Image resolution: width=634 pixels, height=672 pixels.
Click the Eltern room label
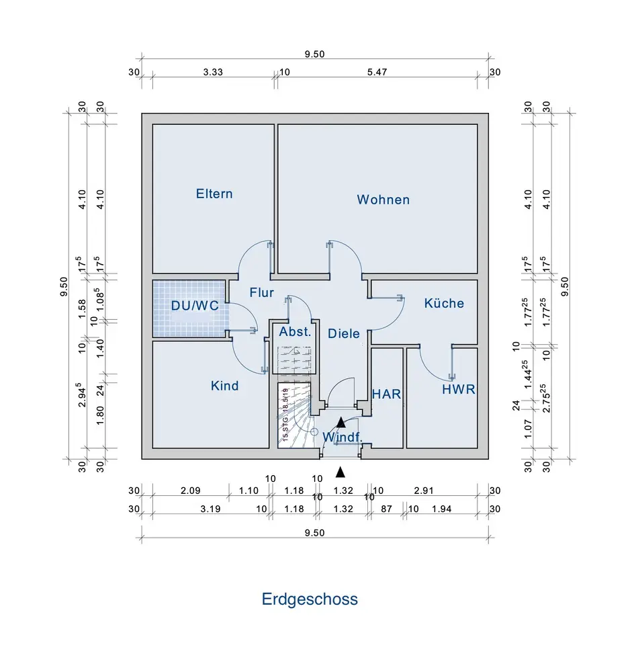(214, 194)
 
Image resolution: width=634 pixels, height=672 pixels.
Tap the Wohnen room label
(383, 200)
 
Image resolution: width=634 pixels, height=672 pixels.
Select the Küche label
(444, 303)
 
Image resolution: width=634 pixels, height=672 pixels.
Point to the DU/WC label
(195, 305)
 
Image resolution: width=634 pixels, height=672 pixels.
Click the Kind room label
(224, 386)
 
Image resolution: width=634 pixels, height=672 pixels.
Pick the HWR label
(458, 389)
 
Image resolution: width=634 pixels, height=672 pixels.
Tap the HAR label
(386, 394)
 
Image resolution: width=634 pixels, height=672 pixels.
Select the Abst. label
(295, 331)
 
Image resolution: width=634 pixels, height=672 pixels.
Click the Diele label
(344, 333)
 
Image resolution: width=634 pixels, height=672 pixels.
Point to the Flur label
(261, 292)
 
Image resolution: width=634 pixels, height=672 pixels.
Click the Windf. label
(343, 437)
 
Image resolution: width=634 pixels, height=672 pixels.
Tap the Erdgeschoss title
(310, 599)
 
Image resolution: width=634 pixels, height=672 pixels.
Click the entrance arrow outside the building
(341, 472)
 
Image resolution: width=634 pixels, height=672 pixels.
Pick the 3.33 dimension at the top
(213, 73)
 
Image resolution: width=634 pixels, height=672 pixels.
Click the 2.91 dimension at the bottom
(422, 491)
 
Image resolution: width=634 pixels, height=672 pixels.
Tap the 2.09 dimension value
(191, 491)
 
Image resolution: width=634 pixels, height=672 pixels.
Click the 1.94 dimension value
(441, 509)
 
